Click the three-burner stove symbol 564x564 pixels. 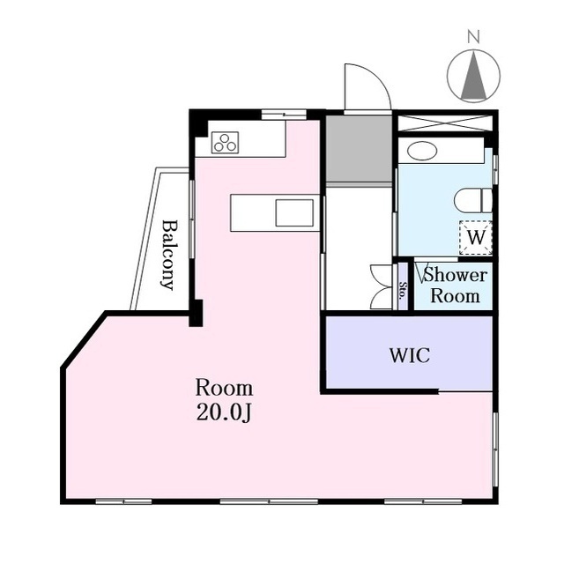pos(226,143)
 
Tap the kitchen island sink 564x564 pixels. pos(294,213)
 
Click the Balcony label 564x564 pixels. pos(169,255)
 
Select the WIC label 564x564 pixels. pos(410,355)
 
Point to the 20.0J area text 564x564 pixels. pos(224,412)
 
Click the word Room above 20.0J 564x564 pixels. pos(224,389)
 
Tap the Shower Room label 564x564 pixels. pos(456,286)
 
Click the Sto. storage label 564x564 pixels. pos(403,290)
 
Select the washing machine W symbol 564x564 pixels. pos(476,237)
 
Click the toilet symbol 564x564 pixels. pos(473,200)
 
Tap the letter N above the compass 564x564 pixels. pos(474,37)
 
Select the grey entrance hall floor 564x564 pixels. pos(359,149)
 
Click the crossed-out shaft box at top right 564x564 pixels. pos(444,123)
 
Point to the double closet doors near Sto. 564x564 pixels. pos(382,286)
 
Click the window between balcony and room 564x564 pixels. pos(192,219)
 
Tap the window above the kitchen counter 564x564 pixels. pos(284,115)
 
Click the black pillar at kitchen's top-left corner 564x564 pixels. pos(198,123)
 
